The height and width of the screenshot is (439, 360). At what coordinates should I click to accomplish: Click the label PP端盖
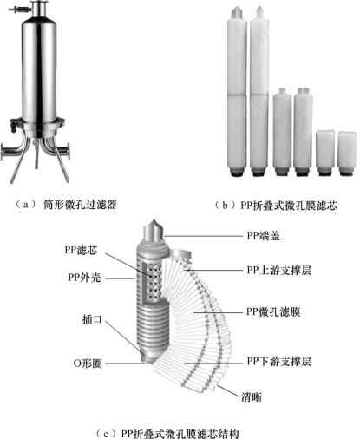pyautogui.click(x=263, y=236)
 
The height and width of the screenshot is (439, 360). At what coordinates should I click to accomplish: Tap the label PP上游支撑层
pyautogui.click(x=279, y=271)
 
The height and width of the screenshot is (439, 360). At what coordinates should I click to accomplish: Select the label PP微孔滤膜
pyautogui.click(x=273, y=312)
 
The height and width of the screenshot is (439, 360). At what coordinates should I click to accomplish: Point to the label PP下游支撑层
pyautogui.click(x=279, y=361)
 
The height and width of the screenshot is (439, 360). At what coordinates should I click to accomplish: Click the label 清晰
pyautogui.click(x=252, y=396)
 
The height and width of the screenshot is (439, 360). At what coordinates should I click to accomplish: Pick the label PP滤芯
pyautogui.click(x=81, y=250)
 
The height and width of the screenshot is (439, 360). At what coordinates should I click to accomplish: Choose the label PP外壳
pyautogui.click(x=84, y=278)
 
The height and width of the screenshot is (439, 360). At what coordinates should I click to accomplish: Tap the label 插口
pyautogui.click(x=92, y=319)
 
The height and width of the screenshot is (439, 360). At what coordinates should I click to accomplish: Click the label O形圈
pyautogui.click(x=88, y=364)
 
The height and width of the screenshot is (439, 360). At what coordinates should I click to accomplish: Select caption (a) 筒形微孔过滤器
pyautogui.click(x=66, y=205)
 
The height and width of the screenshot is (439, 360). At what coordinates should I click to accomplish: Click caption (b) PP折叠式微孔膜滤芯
pyautogui.click(x=276, y=206)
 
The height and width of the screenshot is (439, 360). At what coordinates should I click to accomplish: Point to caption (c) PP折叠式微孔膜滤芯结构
pyautogui.click(x=167, y=434)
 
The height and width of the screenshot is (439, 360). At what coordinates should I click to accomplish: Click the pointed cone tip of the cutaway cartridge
pyautogui.click(x=155, y=219)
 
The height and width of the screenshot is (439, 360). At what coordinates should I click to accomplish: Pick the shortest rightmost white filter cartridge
pyautogui.click(x=347, y=154)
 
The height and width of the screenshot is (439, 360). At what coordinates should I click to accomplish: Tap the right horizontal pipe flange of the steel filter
pyautogui.click(x=68, y=151)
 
